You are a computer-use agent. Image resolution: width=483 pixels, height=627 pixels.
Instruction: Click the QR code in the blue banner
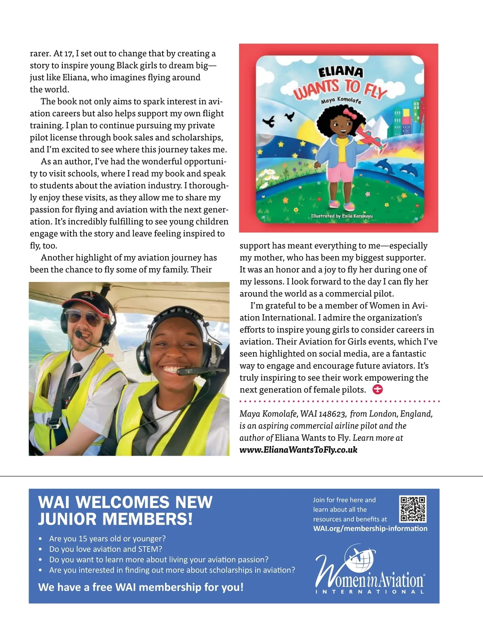pos(413,509)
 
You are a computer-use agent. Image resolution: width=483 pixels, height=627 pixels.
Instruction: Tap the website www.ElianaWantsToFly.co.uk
pos(298,450)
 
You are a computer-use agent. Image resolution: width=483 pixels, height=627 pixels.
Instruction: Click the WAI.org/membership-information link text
pos(370,528)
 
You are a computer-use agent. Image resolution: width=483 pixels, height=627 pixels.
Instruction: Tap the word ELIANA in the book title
pos(341,72)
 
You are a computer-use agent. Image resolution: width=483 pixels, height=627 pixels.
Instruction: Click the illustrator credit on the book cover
pos(342,216)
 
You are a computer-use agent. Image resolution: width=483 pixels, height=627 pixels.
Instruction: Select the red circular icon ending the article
pos(378,390)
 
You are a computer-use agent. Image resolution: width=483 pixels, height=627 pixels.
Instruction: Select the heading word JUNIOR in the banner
pos(67,520)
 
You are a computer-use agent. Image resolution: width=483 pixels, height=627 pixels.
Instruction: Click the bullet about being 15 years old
pos(107,538)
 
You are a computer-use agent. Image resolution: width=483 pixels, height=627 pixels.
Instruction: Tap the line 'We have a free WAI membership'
pos(140,587)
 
